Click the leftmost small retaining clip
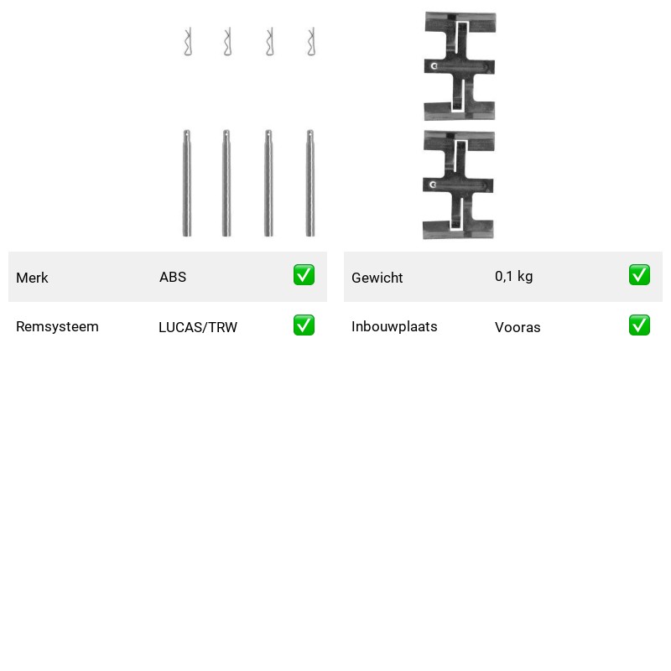188,42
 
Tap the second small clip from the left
228,42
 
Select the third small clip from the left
269,42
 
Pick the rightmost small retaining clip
311,42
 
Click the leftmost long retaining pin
186,183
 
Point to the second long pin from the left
226,183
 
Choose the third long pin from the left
268,183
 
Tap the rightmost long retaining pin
310,183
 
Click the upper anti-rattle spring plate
460,67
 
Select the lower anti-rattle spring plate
458,185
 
